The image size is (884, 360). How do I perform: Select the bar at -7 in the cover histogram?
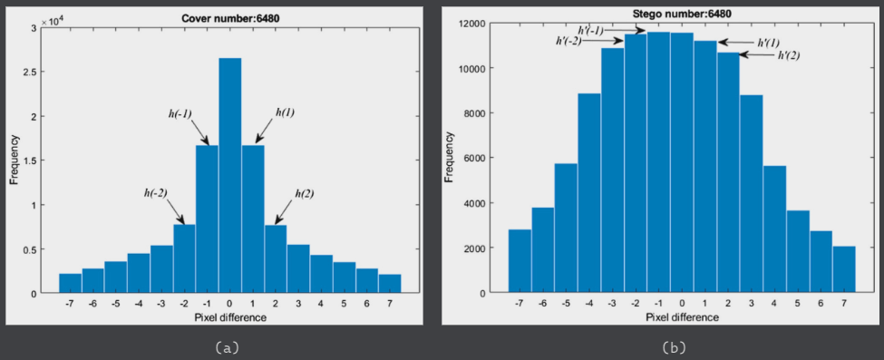click(x=71, y=283)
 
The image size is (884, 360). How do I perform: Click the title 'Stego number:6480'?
click(x=669, y=14)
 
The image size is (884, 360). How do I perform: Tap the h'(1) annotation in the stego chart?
click(x=768, y=43)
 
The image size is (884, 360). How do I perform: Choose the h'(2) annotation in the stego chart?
click(x=789, y=55)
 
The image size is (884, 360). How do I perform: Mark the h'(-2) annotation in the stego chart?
click(x=568, y=41)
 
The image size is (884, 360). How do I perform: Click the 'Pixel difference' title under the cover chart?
click(x=229, y=317)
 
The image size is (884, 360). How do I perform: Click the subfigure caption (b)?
click(x=672, y=346)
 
